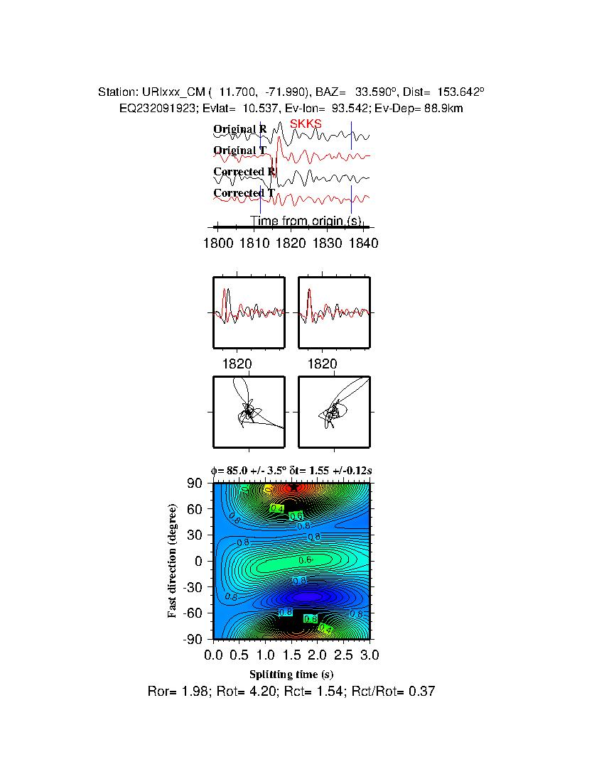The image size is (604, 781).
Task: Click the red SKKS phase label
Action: [x=306, y=124]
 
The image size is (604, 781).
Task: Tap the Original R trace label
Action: [x=240, y=129]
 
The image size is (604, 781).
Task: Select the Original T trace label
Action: [x=239, y=151]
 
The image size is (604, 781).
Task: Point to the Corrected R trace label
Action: [x=244, y=172]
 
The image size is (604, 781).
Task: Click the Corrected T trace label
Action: [x=244, y=193]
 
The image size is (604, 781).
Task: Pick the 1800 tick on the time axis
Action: [x=217, y=244]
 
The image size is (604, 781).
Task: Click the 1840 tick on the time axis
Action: [x=363, y=244]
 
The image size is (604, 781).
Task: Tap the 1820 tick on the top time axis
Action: [x=290, y=244]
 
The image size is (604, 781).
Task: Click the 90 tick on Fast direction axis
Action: [x=198, y=484]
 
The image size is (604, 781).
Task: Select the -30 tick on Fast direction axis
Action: [x=195, y=587]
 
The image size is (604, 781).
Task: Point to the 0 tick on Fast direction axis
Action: [x=201, y=561]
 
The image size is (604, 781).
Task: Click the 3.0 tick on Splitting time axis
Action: [x=370, y=653]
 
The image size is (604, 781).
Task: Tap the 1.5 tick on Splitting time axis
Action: [x=291, y=653]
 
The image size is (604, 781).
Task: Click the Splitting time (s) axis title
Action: [x=291, y=674]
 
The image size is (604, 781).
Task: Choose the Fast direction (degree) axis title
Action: [x=173, y=561]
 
